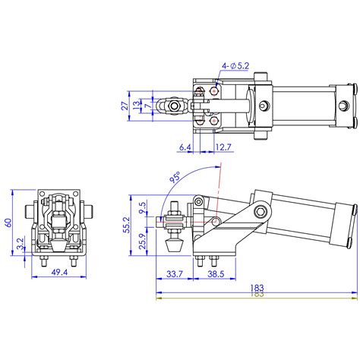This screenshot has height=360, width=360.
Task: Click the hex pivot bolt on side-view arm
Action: (x=261, y=210)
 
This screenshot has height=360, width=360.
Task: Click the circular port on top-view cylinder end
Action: (x=264, y=104)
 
